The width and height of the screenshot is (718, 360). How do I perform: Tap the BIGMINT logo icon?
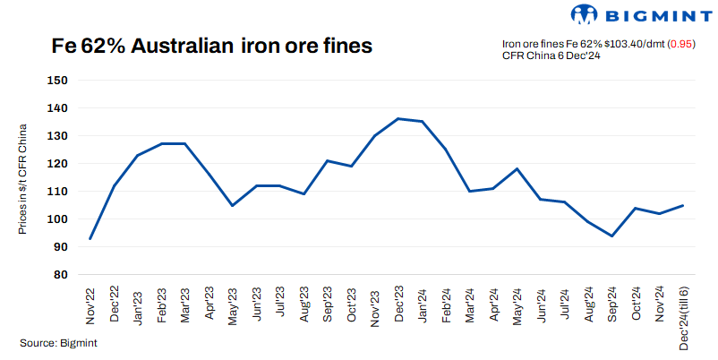pyautogui.click(x=584, y=14)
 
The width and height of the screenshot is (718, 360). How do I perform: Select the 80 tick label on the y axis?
pyautogui.click(x=61, y=275)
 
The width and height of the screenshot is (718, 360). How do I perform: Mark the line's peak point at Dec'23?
pyautogui.click(x=397, y=118)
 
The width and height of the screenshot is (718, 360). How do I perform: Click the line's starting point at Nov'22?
pyautogui.click(x=90, y=238)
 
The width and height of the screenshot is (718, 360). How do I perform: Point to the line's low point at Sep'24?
pyautogui.click(x=611, y=236)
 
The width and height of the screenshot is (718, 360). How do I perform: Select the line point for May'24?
pyautogui.click(x=516, y=168)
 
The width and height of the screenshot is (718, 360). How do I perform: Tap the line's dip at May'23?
pyautogui.click(x=232, y=205)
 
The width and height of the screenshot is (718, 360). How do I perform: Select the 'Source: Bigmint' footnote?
pyautogui.click(x=58, y=342)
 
